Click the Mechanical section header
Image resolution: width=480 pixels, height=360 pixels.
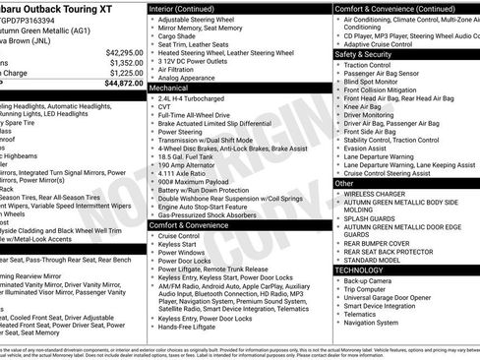[x=169, y=88]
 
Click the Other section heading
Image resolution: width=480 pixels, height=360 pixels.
[x=344, y=183]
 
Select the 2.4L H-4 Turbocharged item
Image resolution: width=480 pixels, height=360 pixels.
[x=195, y=99]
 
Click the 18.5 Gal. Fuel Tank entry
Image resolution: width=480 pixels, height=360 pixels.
[x=188, y=157]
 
